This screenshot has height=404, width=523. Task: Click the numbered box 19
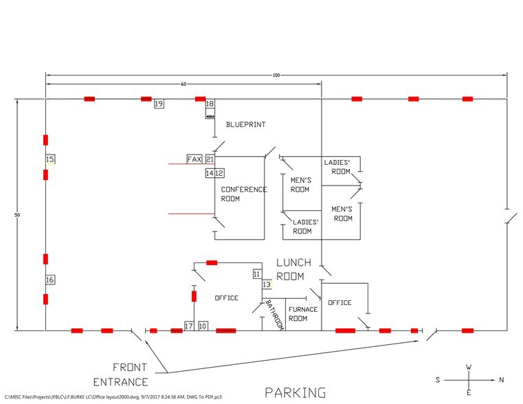(x=159, y=104)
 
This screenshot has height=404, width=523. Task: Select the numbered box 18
(x=210, y=104)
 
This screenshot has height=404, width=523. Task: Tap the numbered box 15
(x=50, y=159)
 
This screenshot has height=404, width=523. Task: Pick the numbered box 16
(x=50, y=280)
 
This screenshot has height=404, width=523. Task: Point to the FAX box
(x=194, y=159)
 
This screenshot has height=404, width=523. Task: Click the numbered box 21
(x=210, y=159)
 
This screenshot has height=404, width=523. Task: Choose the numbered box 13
(x=267, y=284)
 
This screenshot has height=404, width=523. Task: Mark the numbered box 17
(x=189, y=326)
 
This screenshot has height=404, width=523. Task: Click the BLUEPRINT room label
(x=246, y=124)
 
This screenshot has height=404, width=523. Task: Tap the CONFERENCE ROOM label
(x=244, y=194)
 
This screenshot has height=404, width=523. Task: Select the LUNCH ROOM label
(x=293, y=269)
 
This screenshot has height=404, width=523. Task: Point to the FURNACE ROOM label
(x=303, y=314)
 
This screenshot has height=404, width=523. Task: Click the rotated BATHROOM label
(x=275, y=315)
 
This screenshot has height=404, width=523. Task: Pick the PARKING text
(x=296, y=392)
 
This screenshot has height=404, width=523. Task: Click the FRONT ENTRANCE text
(x=120, y=374)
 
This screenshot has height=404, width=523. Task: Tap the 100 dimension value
(x=276, y=76)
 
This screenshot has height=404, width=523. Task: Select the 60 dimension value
(x=183, y=85)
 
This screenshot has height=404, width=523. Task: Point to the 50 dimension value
(x=17, y=215)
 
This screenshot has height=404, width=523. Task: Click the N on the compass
(x=501, y=380)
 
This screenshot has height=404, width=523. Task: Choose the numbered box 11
(x=257, y=274)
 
